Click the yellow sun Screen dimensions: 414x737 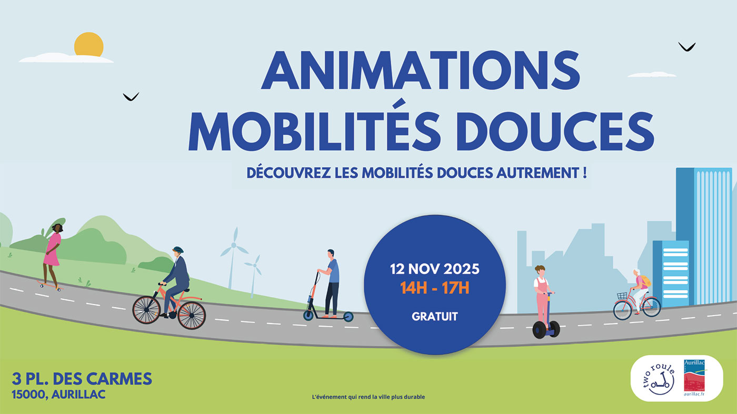point(88,44)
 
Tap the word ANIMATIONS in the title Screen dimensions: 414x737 point(420,70)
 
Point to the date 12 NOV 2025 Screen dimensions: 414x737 point(434,269)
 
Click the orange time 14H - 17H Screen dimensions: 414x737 point(434,288)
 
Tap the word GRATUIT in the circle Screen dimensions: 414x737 point(434,317)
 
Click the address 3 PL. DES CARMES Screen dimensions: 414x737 point(82,378)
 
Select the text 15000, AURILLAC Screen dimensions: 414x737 point(58,394)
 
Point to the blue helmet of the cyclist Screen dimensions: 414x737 point(177,250)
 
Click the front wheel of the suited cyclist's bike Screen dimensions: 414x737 point(191,315)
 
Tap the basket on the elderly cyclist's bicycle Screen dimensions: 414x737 point(622,296)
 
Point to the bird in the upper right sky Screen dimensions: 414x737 point(686,47)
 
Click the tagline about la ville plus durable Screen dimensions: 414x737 point(368,397)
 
